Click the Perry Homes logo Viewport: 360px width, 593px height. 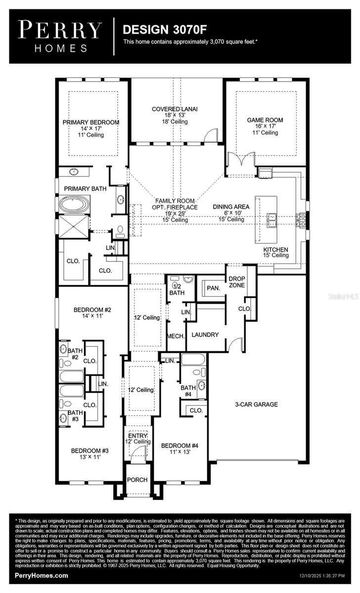[x=60, y=36]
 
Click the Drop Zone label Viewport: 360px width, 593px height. [x=237, y=282]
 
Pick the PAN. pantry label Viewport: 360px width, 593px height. [x=214, y=287]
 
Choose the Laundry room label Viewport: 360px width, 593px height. [x=205, y=335]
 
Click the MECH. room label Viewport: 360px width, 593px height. [x=177, y=336]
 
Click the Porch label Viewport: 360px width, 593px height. [x=137, y=480]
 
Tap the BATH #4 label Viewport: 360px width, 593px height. [x=188, y=391]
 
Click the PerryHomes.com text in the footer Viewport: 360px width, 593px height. [x=42, y=576]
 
